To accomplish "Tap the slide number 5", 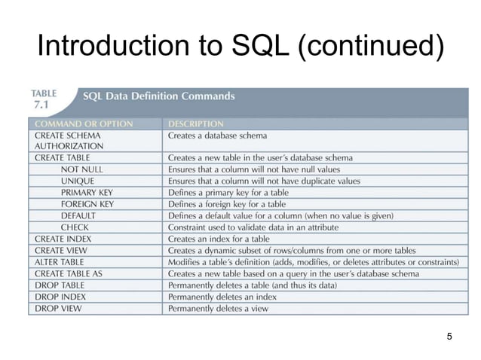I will click(449, 336).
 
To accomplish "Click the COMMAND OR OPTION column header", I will click(84, 124).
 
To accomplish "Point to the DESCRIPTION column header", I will click(195, 124).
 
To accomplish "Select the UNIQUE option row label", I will click(78, 181).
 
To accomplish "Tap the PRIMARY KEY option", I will click(87, 193).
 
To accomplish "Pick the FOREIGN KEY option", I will click(87, 204).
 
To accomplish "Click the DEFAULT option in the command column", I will click(80, 215).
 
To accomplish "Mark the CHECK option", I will click(75, 227).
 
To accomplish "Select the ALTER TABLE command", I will click(60, 261).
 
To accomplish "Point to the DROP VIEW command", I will click(57, 308).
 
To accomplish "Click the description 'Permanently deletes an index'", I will click(222, 297).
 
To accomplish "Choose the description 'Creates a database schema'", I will click(217, 135).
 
